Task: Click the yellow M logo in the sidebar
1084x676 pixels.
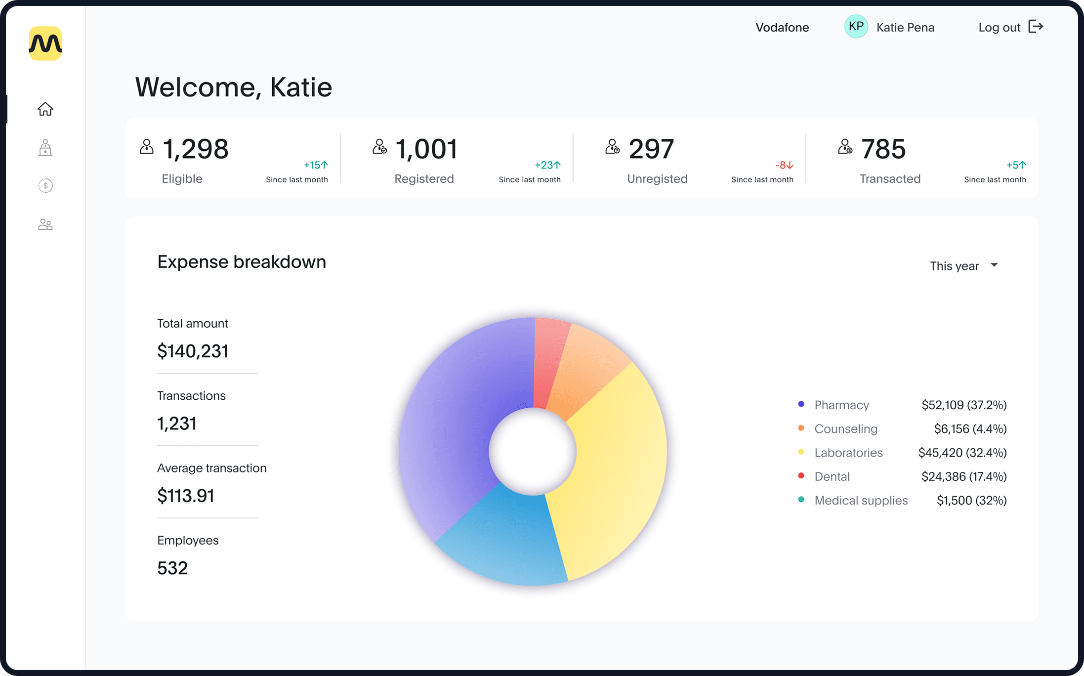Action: tap(45, 43)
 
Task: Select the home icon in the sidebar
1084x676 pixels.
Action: tap(45, 109)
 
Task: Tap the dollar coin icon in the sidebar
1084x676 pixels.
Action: tap(45, 186)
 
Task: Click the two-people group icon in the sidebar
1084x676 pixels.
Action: tap(45, 225)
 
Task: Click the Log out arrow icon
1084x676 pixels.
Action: tap(1036, 27)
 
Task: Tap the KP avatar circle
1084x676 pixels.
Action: tap(856, 27)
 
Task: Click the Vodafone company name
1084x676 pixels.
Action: tap(782, 28)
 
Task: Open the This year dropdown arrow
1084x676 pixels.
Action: tap(994, 265)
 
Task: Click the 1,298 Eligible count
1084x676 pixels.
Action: tap(196, 149)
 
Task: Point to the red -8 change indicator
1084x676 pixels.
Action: tap(784, 165)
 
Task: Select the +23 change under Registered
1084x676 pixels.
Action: tap(547, 165)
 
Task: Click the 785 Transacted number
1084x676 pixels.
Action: tap(883, 149)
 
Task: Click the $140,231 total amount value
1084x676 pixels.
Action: tap(193, 351)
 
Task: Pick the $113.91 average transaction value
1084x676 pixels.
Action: tap(186, 496)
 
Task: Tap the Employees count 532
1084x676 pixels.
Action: tap(172, 568)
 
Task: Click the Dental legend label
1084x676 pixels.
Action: tap(832, 477)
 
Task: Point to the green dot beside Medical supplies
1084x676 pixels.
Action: tap(801, 500)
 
